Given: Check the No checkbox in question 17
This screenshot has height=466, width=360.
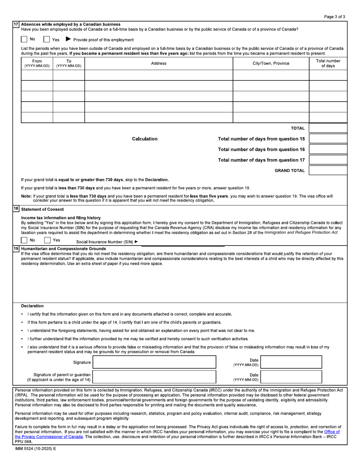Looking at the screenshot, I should pyautogui.click(x=24, y=39).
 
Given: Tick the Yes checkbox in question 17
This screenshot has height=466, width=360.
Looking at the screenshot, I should pyautogui.click(x=47, y=39).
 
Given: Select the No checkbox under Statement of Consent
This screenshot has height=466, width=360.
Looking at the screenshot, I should pyautogui.click(x=24, y=240).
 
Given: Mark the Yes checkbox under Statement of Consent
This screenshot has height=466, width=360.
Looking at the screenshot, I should pyautogui.click(x=47, y=240).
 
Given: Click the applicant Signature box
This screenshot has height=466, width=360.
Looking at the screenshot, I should pyautogui.click(x=154, y=362).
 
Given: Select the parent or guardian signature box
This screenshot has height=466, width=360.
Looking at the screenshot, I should pyautogui.click(x=154, y=377).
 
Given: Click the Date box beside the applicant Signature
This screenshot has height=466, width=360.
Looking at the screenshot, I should pyautogui.click(x=291, y=362).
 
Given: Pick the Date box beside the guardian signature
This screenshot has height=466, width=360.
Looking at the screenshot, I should pyautogui.click(x=291, y=377).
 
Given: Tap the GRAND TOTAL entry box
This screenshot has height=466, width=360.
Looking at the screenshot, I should pyautogui.click(x=328, y=170).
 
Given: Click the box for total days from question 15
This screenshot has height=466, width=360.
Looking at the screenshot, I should pyautogui.click(x=328, y=139).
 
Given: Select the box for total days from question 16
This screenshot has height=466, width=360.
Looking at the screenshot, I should pyautogui.click(x=328, y=149).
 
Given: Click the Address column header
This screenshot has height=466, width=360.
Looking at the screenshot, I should pyautogui.click(x=158, y=63).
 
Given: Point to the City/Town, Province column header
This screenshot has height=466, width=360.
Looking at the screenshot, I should pyautogui.click(x=271, y=63).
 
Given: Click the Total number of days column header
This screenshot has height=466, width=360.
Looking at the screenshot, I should pyautogui.click(x=328, y=63).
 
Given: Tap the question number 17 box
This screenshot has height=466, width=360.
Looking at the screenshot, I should pyautogui.click(x=16, y=24).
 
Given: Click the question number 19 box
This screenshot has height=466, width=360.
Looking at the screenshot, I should pyautogui.click(x=16, y=249).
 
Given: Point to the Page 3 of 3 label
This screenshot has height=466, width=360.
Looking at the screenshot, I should pyautogui.click(x=335, y=17).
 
